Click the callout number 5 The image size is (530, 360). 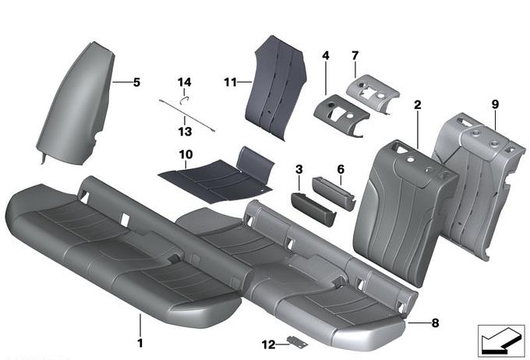(x=136, y=82)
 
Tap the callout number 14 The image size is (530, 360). (x=184, y=82)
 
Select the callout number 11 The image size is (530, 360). (x=230, y=82)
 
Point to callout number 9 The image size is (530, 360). (x=495, y=104)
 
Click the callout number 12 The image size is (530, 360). (x=269, y=344)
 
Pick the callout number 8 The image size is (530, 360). (x=436, y=323)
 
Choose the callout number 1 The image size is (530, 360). (x=140, y=343)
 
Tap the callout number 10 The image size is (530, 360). (x=186, y=155)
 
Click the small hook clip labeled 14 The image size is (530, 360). (x=183, y=100)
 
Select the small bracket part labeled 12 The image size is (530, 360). (x=298, y=342)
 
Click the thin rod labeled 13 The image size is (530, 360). (x=186, y=115)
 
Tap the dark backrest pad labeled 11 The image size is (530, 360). (x=279, y=88)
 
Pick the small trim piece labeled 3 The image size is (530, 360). (x=313, y=209)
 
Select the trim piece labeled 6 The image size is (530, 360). (x=334, y=192)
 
